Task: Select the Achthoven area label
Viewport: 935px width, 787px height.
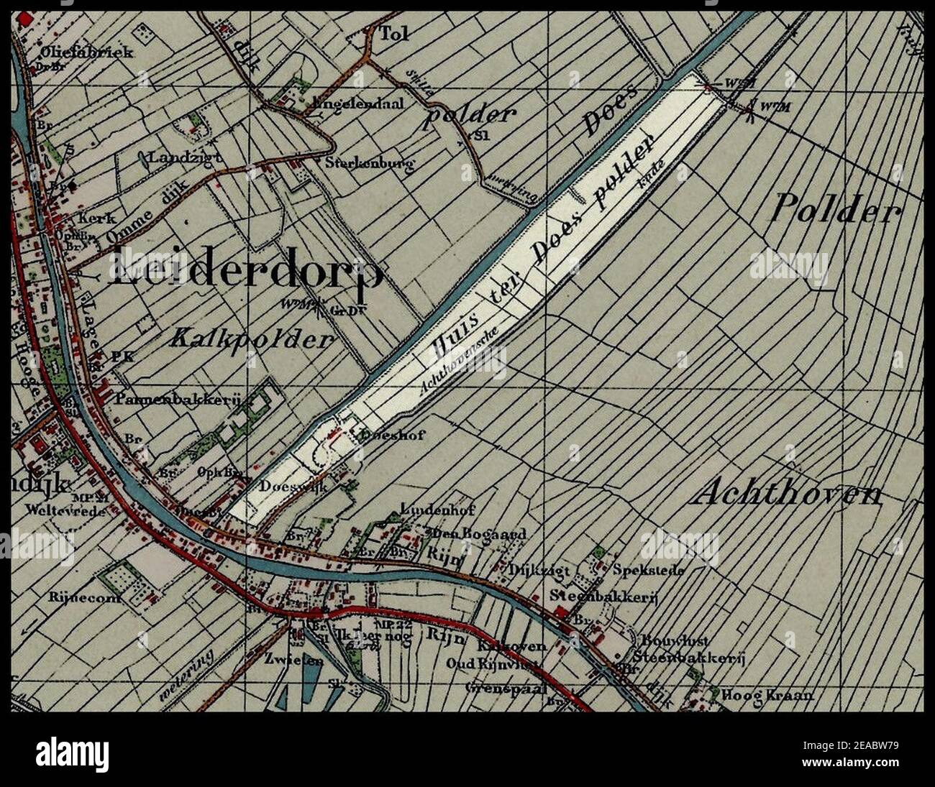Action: [x=789, y=494]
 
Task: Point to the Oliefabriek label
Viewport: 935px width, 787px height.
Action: [x=77, y=52]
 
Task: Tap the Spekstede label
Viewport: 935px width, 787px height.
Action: [x=648, y=571]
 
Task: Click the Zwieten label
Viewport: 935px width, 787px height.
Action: [x=303, y=661]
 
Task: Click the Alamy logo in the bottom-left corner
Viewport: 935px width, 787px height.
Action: [x=72, y=755]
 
